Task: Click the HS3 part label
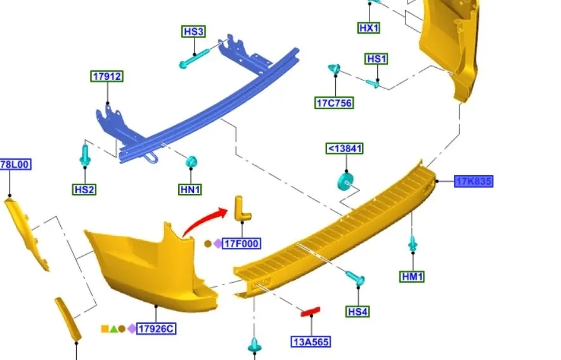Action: (x=193, y=32)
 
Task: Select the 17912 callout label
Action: (x=107, y=76)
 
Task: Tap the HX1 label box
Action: (x=368, y=28)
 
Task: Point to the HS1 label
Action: (x=377, y=59)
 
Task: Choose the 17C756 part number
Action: (x=334, y=103)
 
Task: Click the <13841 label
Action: (x=345, y=148)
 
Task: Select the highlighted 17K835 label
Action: (x=474, y=181)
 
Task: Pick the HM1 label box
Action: (x=412, y=276)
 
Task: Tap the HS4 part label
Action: (x=358, y=312)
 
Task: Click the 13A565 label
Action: (x=311, y=342)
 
